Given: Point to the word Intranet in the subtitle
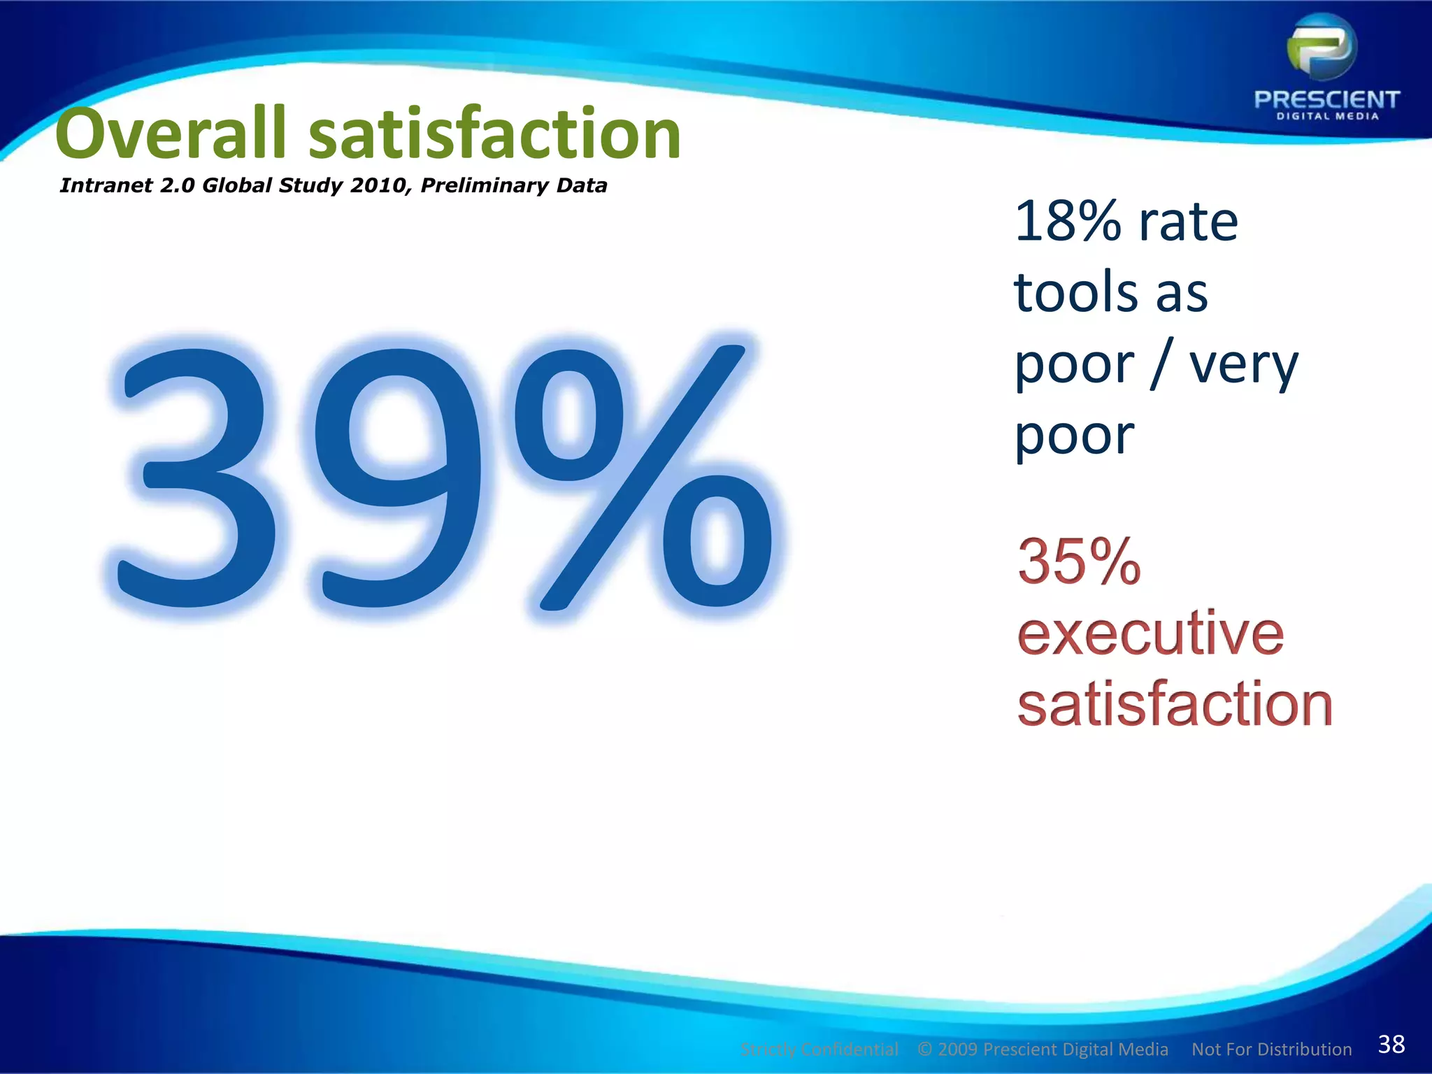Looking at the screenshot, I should tap(106, 185).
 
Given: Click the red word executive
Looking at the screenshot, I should tap(1150, 633).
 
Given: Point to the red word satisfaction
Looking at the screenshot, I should tap(1175, 704).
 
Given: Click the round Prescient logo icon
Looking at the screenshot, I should tap(1322, 49).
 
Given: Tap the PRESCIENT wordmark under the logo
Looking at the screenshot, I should tap(1326, 99).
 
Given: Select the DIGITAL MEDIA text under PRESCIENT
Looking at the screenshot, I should tap(1327, 117).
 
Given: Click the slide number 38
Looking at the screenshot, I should tap(1391, 1044).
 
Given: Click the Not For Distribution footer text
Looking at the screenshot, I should tap(1271, 1050).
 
